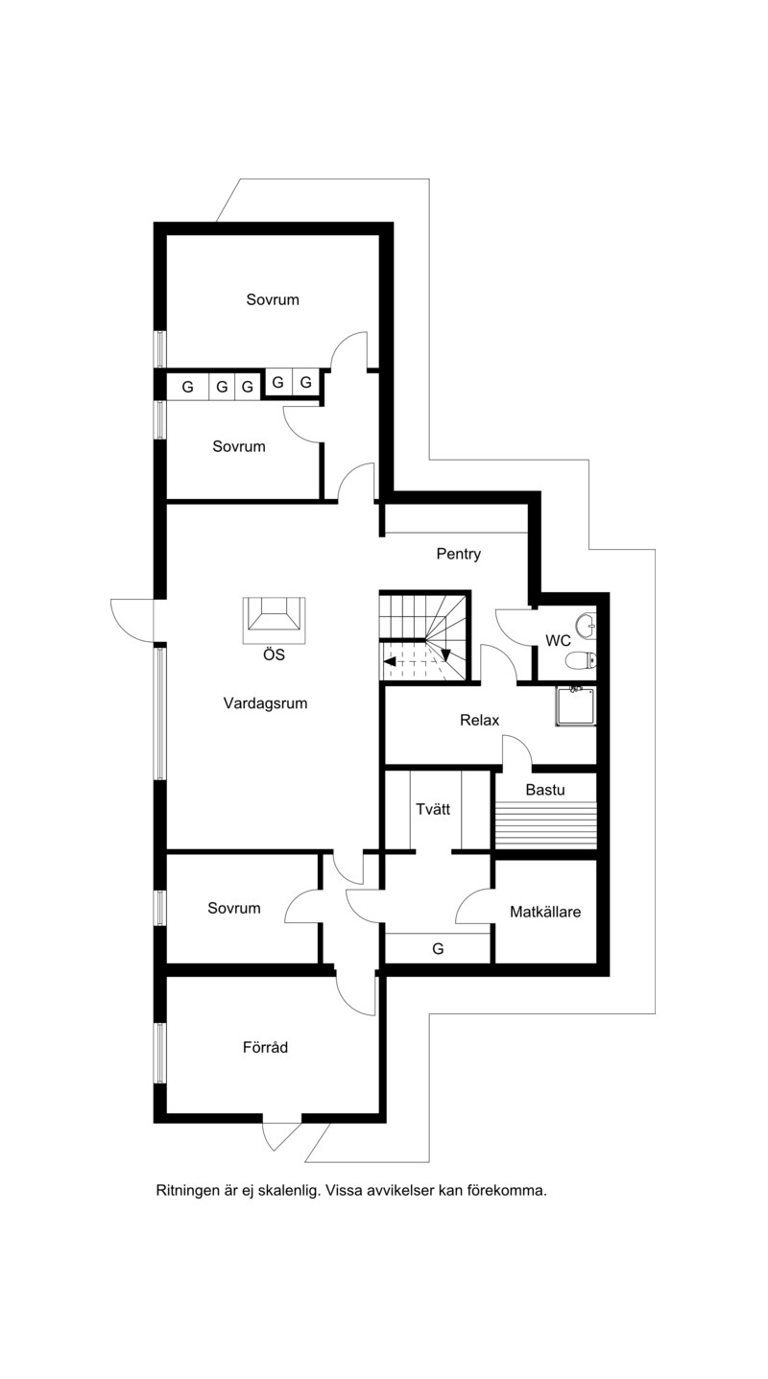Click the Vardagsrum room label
(265, 703)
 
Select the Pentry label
(458, 554)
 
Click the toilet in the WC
(581, 660)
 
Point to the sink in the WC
(587, 626)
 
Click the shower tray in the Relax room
(576, 706)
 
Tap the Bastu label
(545, 790)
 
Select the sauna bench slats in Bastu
(546, 825)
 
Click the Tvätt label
(433, 809)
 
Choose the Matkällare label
(545, 912)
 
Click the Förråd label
(265, 1047)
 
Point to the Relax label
(479, 720)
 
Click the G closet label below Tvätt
(438, 949)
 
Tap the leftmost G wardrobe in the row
(188, 387)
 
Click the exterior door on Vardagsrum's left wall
(132, 621)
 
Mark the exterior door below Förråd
(281, 1130)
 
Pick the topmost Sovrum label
(273, 299)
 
